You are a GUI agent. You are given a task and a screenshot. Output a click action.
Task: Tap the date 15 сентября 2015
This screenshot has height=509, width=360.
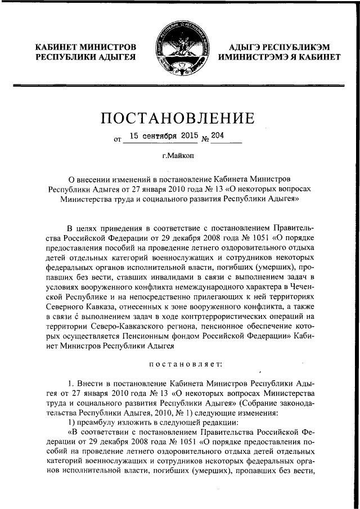pyautogui.click(x=161, y=137)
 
